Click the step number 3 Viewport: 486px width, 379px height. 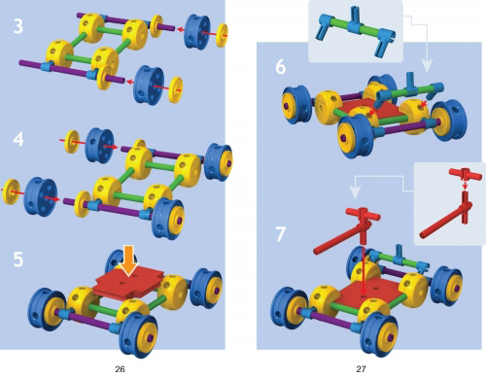[18, 26]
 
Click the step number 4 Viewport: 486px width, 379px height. [18, 139]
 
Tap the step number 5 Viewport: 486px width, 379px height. [18, 259]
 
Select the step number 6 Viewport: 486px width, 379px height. [281, 67]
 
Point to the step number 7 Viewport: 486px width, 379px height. [281, 234]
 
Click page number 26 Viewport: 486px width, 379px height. [120, 369]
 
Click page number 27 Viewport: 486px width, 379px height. [361, 369]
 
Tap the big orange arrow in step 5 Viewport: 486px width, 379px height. [128, 260]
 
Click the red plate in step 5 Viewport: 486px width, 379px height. [128, 283]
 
